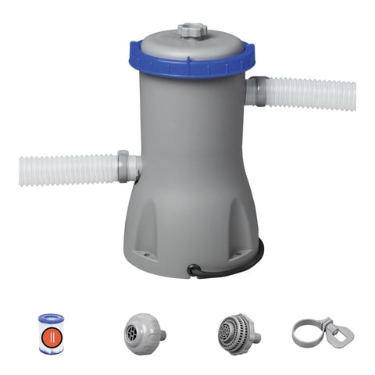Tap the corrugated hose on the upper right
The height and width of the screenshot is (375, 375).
312,94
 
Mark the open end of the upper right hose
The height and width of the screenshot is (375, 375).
353,95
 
